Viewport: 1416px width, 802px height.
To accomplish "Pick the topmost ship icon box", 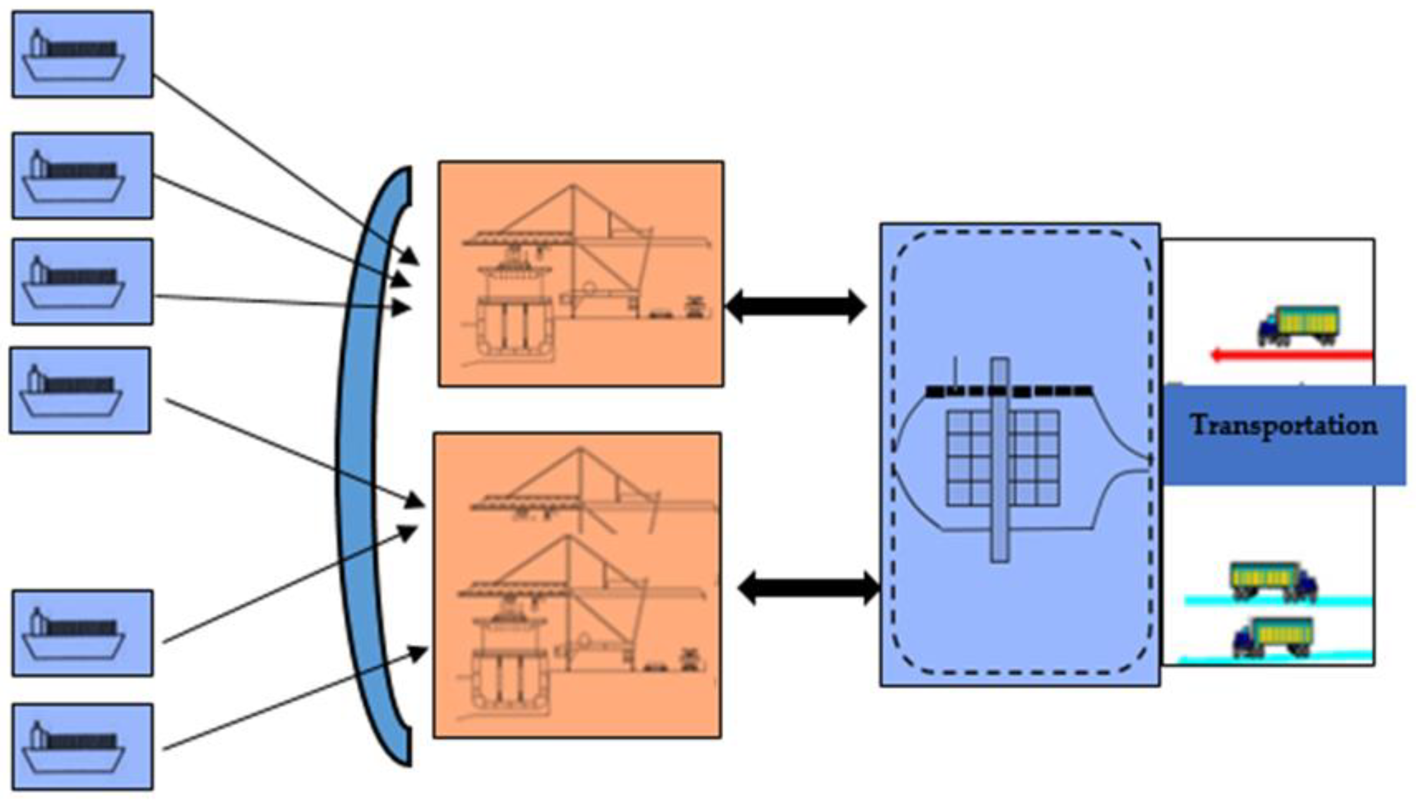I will (x=83, y=54).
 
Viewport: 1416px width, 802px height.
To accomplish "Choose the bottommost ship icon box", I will (x=83, y=746).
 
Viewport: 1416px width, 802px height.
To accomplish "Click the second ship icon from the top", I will (x=83, y=175).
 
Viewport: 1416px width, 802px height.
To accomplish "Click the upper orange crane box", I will (x=581, y=274).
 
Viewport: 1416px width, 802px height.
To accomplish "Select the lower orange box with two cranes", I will (x=577, y=585).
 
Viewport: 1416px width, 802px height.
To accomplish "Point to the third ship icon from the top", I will (x=83, y=282).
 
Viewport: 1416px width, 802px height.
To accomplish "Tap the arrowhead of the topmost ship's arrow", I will (x=411, y=256).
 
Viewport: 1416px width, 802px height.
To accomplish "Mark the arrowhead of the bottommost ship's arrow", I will (x=420, y=653).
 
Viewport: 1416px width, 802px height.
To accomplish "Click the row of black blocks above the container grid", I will (x=1008, y=392).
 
